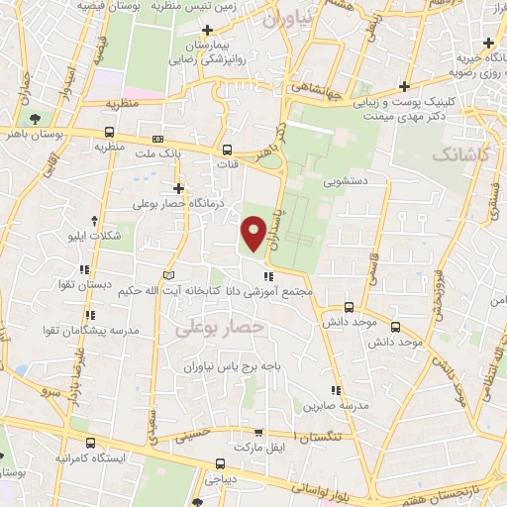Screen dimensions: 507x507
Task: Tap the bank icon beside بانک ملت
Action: (159, 140)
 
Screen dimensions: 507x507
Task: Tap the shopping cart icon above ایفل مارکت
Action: (258, 433)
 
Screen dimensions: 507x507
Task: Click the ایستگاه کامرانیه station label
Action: (59, 459)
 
